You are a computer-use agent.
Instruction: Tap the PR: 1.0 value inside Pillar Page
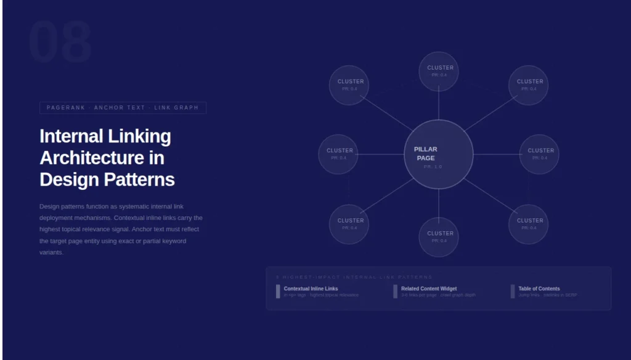click(433, 167)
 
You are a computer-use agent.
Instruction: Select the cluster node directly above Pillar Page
click(439, 71)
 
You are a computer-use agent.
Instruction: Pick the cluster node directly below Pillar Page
click(439, 237)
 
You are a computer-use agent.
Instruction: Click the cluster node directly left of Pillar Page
click(338, 154)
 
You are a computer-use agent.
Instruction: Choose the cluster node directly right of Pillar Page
click(539, 154)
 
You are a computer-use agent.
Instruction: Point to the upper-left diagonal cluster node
click(349, 85)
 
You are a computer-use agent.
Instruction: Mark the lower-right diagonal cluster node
click(528, 224)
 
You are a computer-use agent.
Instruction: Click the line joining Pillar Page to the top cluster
click(439, 105)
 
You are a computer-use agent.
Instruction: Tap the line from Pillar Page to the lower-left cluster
click(387, 196)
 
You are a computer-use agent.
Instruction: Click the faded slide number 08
click(60, 43)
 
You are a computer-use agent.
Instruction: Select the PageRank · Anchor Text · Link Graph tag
click(123, 108)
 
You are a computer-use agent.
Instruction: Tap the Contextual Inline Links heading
click(311, 288)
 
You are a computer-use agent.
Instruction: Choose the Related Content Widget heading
click(429, 288)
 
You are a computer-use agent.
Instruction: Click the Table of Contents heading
click(539, 288)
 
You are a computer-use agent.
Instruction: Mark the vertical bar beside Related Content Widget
click(396, 292)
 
